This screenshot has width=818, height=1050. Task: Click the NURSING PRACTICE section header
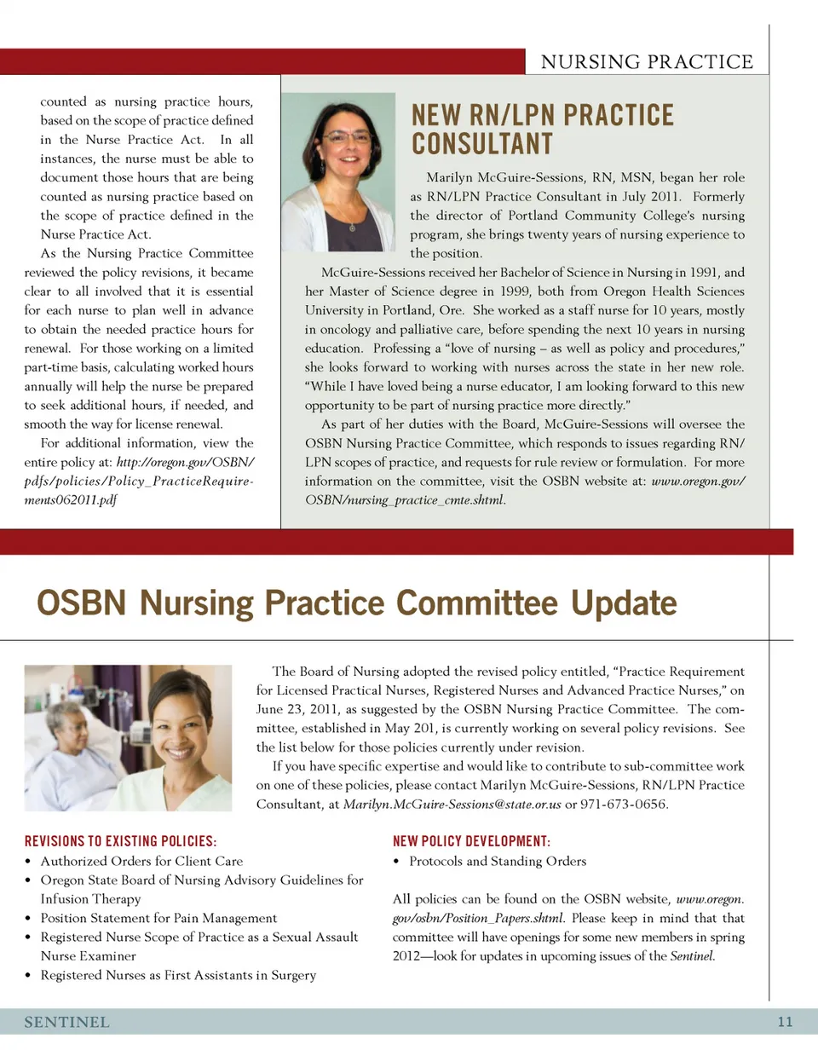[x=647, y=61]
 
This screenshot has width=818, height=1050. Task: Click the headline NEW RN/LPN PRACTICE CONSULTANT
[x=542, y=129]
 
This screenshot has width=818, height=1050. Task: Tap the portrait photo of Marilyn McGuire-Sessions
[x=339, y=170]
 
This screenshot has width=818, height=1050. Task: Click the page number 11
[x=785, y=1022]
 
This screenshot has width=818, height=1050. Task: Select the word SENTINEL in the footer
[x=66, y=1022]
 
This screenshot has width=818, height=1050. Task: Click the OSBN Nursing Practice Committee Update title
[x=356, y=603]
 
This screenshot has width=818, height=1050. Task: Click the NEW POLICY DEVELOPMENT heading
[x=471, y=842]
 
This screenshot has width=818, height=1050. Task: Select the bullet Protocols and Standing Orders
[x=498, y=861]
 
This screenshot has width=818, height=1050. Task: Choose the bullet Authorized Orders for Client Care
[x=141, y=861]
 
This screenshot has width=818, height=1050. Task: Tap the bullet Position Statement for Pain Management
[x=158, y=918]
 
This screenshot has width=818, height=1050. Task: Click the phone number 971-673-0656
[x=626, y=804]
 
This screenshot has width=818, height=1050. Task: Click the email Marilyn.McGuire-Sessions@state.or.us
[x=452, y=804]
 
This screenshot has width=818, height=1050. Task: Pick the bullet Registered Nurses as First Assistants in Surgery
[x=178, y=974]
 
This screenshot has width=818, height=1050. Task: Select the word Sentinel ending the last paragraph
[x=691, y=955]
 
